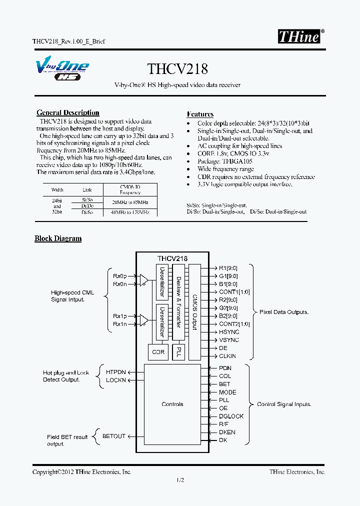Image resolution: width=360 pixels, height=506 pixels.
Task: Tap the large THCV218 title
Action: point(177,68)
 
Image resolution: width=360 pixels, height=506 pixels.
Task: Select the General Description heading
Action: point(68,113)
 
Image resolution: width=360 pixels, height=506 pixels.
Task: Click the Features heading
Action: point(200,114)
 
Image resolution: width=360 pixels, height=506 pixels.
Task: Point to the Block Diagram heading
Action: point(58,238)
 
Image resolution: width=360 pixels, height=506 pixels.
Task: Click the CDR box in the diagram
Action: point(158,352)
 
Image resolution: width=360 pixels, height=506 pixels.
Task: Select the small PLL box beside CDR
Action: point(178,352)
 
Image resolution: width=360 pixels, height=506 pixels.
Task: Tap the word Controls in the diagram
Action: point(172,404)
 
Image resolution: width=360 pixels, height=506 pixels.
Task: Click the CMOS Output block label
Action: point(194,309)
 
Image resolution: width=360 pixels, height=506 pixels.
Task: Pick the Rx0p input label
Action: point(120,275)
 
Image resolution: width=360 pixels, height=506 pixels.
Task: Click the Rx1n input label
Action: point(120,324)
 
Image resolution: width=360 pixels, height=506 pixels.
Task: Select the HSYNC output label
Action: point(229,332)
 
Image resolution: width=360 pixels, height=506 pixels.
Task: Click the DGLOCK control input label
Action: point(231,416)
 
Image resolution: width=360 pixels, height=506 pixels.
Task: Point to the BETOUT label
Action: point(114,436)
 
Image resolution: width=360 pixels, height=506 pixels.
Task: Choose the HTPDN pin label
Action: point(116,372)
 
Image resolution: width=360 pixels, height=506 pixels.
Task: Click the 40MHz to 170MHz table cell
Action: point(130,212)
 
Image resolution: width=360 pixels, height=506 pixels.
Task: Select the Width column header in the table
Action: point(57,190)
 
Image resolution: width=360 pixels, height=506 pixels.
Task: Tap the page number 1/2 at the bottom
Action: point(180,480)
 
